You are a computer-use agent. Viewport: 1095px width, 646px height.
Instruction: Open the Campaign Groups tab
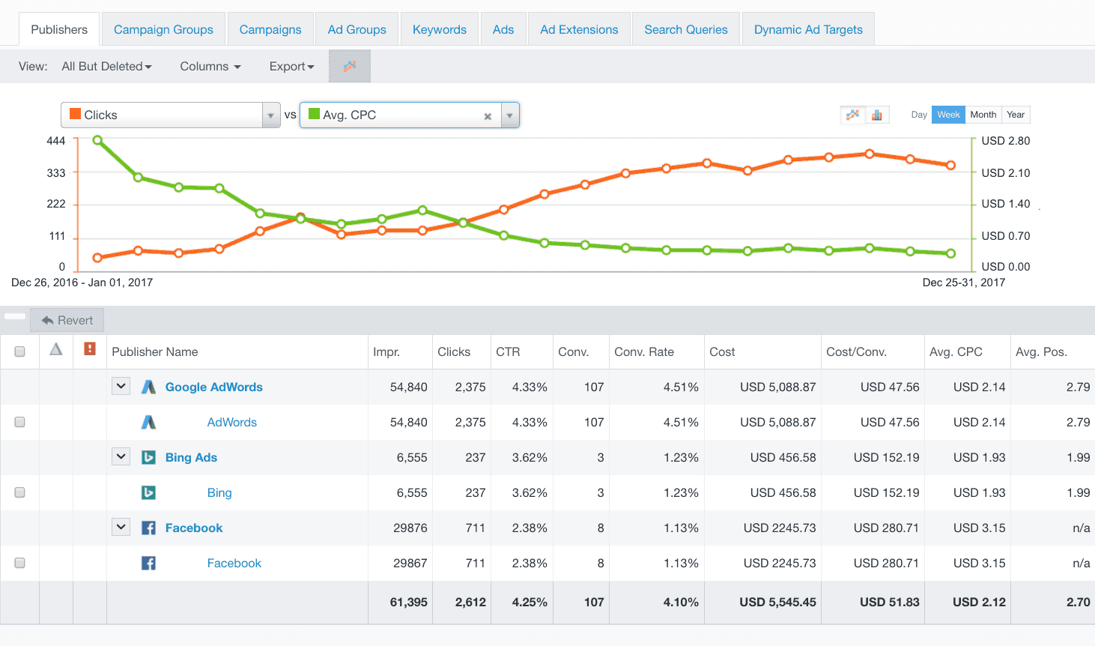click(163, 30)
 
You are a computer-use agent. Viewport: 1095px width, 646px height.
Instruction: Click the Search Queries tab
click(685, 30)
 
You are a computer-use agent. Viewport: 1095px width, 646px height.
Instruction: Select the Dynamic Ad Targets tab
click(808, 30)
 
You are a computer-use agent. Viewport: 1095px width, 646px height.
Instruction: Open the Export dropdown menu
click(291, 67)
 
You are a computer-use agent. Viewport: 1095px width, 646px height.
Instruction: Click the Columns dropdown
click(210, 67)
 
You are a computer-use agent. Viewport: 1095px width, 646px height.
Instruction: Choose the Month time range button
click(983, 115)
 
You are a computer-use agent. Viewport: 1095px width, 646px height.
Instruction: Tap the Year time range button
click(1016, 115)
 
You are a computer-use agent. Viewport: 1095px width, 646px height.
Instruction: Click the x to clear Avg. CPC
click(488, 116)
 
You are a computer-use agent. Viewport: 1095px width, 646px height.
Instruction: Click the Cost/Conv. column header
click(856, 352)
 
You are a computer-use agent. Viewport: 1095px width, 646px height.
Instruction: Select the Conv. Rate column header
click(644, 352)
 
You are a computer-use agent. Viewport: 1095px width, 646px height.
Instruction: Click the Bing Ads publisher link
click(191, 458)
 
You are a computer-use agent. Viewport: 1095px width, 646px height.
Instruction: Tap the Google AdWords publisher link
click(213, 387)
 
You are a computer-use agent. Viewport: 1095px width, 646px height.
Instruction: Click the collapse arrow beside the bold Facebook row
click(121, 528)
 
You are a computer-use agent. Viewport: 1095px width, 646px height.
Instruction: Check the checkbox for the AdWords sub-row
click(20, 423)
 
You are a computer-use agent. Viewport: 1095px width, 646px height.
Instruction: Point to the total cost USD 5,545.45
click(777, 603)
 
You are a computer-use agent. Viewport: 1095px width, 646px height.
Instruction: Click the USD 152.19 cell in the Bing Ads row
click(886, 458)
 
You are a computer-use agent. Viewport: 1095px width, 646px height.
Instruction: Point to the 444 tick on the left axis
click(56, 141)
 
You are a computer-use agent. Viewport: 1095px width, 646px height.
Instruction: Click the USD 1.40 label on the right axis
click(1005, 204)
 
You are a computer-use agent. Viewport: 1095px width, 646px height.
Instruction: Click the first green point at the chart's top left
click(97, 140)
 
